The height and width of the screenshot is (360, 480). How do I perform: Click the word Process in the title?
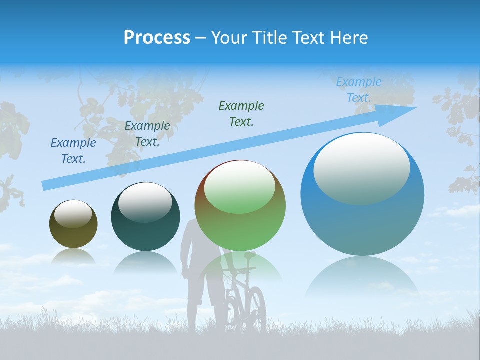point(157,37)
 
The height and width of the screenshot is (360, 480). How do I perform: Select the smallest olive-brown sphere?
point(73,224)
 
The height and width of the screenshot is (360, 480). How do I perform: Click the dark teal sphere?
point(145,217)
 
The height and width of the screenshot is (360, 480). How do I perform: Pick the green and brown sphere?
point(240,205)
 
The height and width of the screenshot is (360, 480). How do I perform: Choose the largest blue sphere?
point(362,194)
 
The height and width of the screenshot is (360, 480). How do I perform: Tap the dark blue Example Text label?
point(73,151)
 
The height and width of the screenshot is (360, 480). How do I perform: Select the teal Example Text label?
point(147,134)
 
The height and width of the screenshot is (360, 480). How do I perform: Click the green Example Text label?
point(241,113)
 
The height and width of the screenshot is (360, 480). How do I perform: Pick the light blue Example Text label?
point(358,90)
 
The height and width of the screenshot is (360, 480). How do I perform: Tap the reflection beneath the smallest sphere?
point(73,256)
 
